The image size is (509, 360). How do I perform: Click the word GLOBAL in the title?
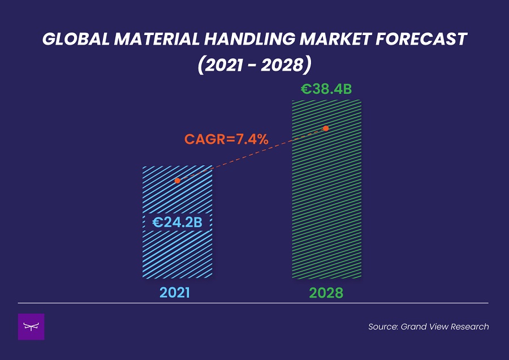(x=76, y=39)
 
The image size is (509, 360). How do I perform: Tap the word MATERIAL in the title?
(x=157, y=39)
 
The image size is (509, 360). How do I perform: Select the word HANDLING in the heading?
(x=249, y=39)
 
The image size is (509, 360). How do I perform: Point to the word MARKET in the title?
(x=335, y=39)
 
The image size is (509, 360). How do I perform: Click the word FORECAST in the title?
(x=421, y=39)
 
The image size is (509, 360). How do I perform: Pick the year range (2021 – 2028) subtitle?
(x=255, y=65)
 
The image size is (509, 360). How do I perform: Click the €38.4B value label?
(x=326, y=89)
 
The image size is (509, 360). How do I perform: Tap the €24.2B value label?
(x=177, y=222)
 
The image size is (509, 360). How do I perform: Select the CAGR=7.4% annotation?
(x=226, y=139)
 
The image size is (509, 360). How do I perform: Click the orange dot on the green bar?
(x=326, y=128)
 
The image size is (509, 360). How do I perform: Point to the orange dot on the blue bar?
(x=177, y=181)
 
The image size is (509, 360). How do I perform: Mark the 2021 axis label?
(x=175, y=293)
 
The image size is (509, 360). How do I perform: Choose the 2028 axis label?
(x=326, y=293)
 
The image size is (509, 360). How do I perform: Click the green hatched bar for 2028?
(x=326, y=189)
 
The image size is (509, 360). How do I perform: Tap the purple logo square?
(x=31, y=327)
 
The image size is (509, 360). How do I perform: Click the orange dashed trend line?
(x=252, y=155)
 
